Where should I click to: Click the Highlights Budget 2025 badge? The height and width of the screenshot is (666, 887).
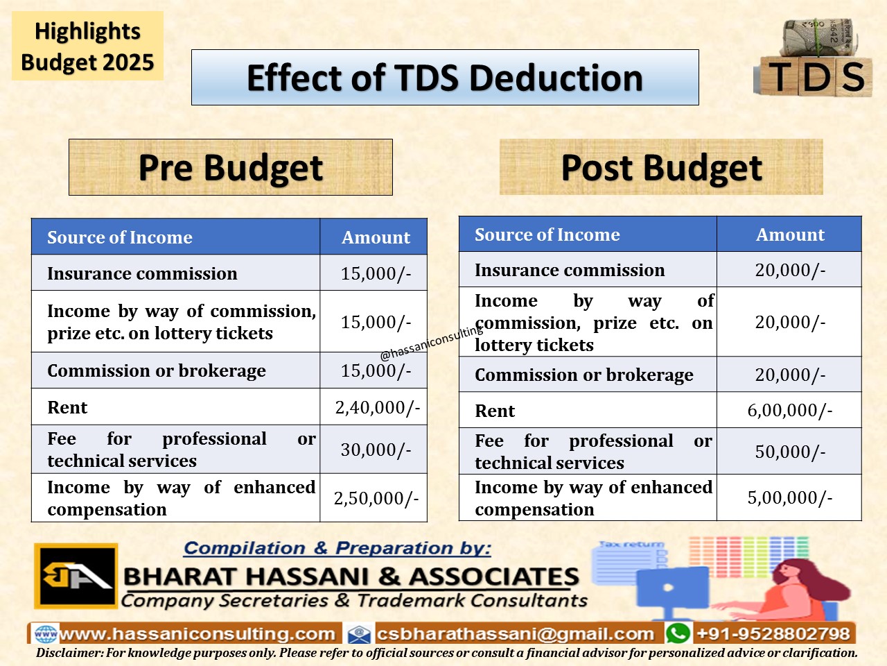coord(87,46)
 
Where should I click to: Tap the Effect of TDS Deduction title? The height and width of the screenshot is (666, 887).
coord(445,77)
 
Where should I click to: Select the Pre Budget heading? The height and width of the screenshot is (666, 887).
coord(231,167)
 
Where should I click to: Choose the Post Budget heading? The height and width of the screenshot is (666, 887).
coord(662,167)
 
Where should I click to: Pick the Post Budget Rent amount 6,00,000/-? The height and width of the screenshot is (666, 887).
coord(789,410)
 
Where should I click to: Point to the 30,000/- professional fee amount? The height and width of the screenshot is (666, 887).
coord(376,450)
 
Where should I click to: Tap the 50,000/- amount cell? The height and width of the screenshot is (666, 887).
coord(790,451)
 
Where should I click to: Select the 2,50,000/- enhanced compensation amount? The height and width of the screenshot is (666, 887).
coord(376,498)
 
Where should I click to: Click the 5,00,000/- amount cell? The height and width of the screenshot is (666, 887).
coord(789,497)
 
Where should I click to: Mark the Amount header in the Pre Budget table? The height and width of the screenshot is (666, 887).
coord(376,237)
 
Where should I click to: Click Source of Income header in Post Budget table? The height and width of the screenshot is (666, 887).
coord(547,234)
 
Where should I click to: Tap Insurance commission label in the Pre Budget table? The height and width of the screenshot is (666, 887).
coord(142,273)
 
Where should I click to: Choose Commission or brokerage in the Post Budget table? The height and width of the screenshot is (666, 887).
coord(584,375)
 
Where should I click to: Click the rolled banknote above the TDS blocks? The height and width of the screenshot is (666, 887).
coord(820,37)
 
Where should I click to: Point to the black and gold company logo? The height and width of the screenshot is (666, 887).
coord(76,576)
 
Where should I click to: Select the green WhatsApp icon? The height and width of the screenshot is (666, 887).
coord(678,633)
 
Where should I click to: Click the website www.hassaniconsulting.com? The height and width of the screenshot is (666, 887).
coord(197,634)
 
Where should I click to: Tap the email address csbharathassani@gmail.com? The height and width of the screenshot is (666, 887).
coord(516,634)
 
